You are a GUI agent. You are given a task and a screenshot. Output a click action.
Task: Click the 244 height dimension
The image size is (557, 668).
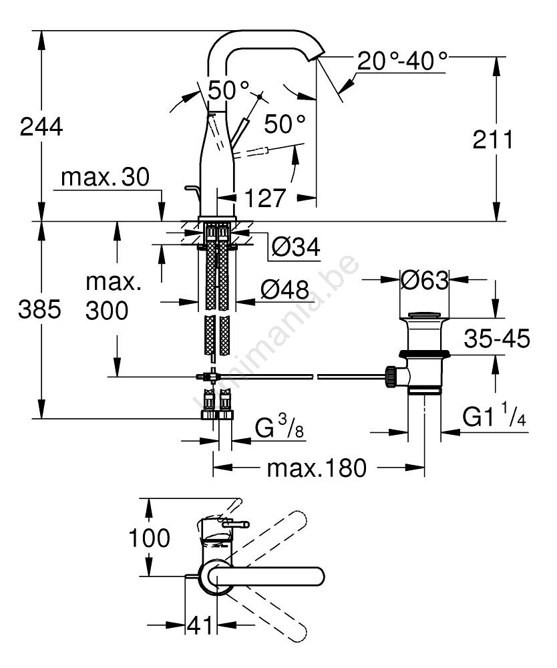pos(41,126)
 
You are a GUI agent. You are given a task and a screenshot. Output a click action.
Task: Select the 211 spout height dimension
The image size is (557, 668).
pos(493,140)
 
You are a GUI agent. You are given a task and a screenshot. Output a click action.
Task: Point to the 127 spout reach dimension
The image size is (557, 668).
pos(265,198)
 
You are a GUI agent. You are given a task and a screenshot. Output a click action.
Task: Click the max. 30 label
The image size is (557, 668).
pos(106,178)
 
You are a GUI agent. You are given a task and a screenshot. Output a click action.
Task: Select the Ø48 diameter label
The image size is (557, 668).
pos(285,291)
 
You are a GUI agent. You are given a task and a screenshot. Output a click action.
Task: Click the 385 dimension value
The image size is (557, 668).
pos(41,310)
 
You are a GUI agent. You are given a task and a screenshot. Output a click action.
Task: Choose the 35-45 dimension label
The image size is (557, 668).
pos(497,339)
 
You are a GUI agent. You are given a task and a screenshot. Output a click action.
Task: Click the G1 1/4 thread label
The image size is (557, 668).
pos(494,417)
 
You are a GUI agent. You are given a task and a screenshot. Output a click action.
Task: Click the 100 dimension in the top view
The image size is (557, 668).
pos(148,538)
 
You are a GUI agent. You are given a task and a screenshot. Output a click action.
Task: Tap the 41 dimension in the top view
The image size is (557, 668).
pos(200,626)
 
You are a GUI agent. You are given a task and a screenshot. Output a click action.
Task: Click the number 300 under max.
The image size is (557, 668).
pos(106,310)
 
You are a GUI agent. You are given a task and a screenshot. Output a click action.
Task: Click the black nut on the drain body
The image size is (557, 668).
pos(423,353)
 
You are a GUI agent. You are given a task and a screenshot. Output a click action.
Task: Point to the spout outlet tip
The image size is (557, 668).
pos(319,55)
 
